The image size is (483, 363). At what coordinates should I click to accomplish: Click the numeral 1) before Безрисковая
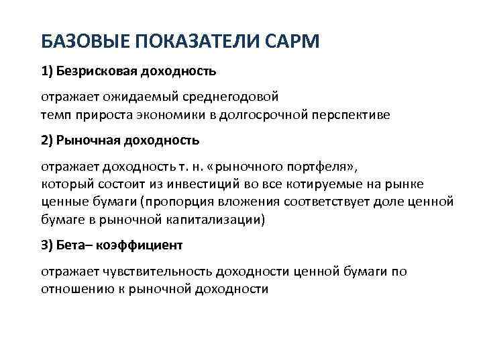[48, 69]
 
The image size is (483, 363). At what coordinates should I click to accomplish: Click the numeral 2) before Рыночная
[48, 140]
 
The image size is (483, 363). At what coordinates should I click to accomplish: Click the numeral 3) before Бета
[48, 246]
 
